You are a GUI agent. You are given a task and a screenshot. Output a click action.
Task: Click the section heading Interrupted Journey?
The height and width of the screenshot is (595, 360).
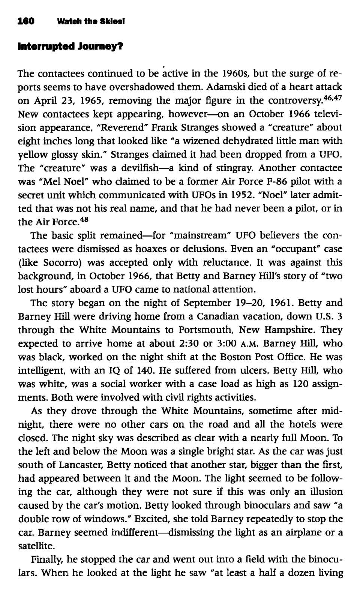coord(70,48)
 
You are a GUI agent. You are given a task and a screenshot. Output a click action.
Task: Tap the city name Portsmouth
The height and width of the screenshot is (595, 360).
coord(207,330)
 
